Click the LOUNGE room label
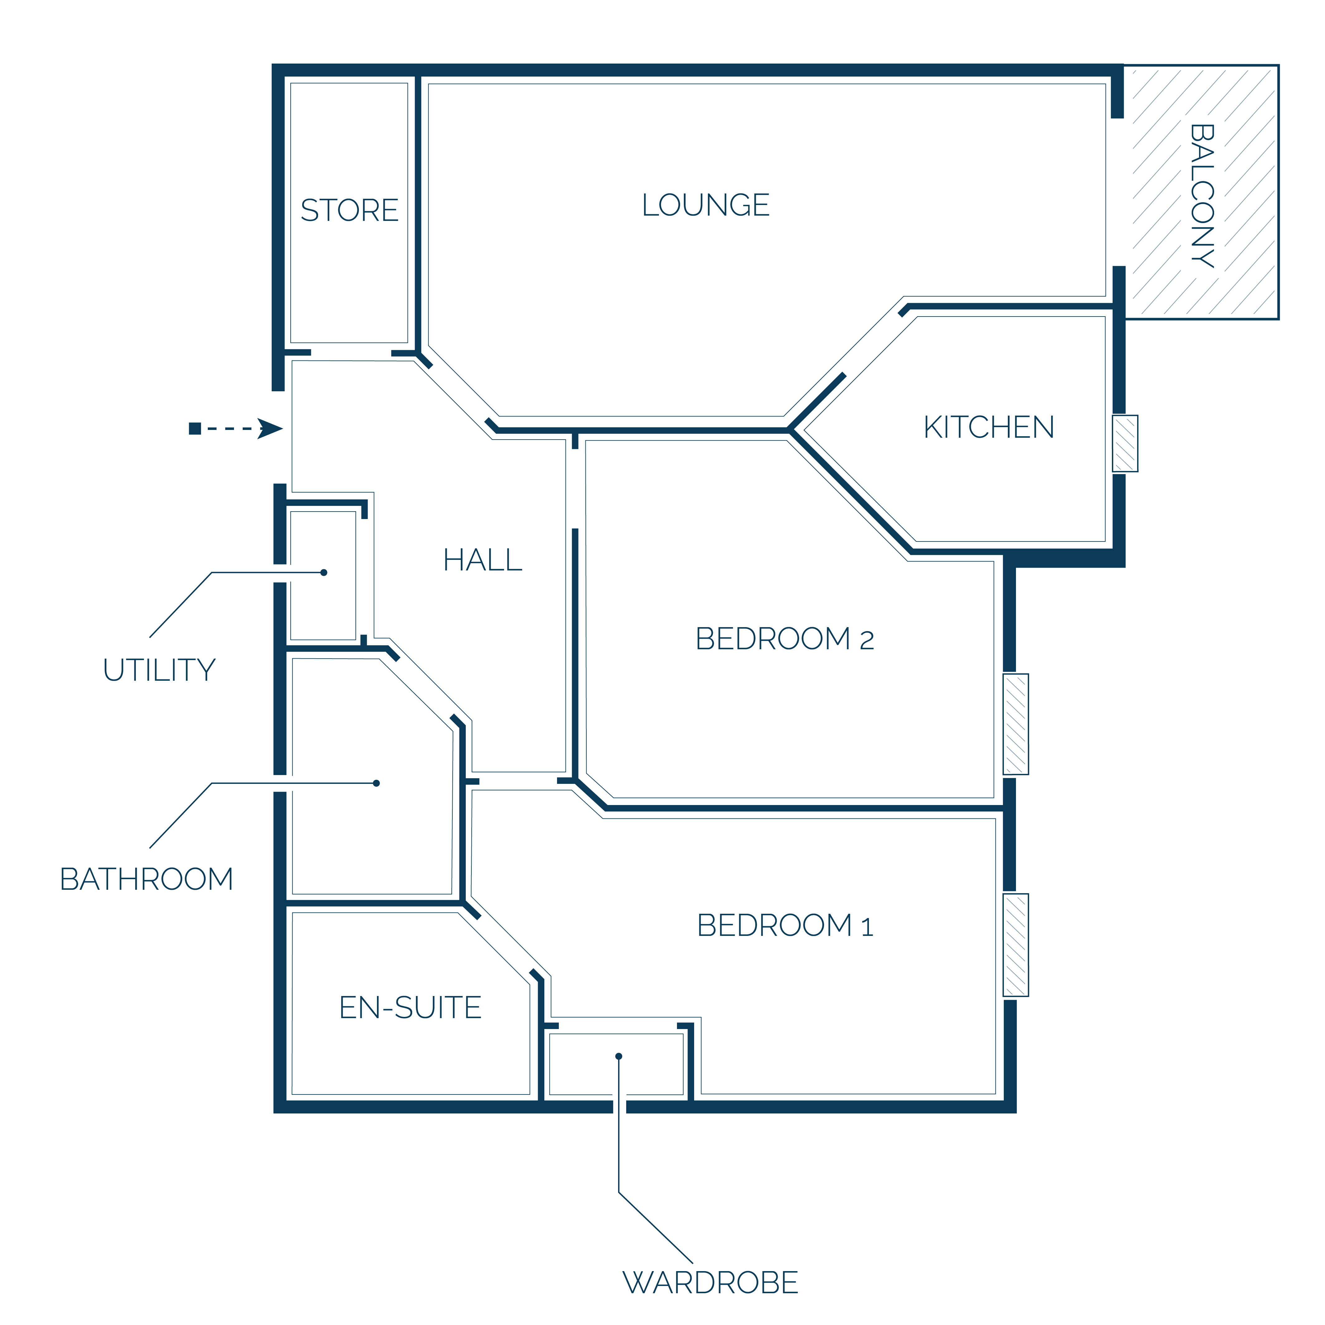[706, 205]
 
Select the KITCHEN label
[989, 427]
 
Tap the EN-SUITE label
[411, 1008]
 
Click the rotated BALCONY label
[1202, 195]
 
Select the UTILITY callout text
[159, 670]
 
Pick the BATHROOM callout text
[147, 879]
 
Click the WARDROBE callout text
[711, 1283]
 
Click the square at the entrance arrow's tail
[195, 429]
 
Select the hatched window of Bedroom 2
[1016, 724]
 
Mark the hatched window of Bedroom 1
[1016, 945]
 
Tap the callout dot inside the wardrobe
[619, 1056]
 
